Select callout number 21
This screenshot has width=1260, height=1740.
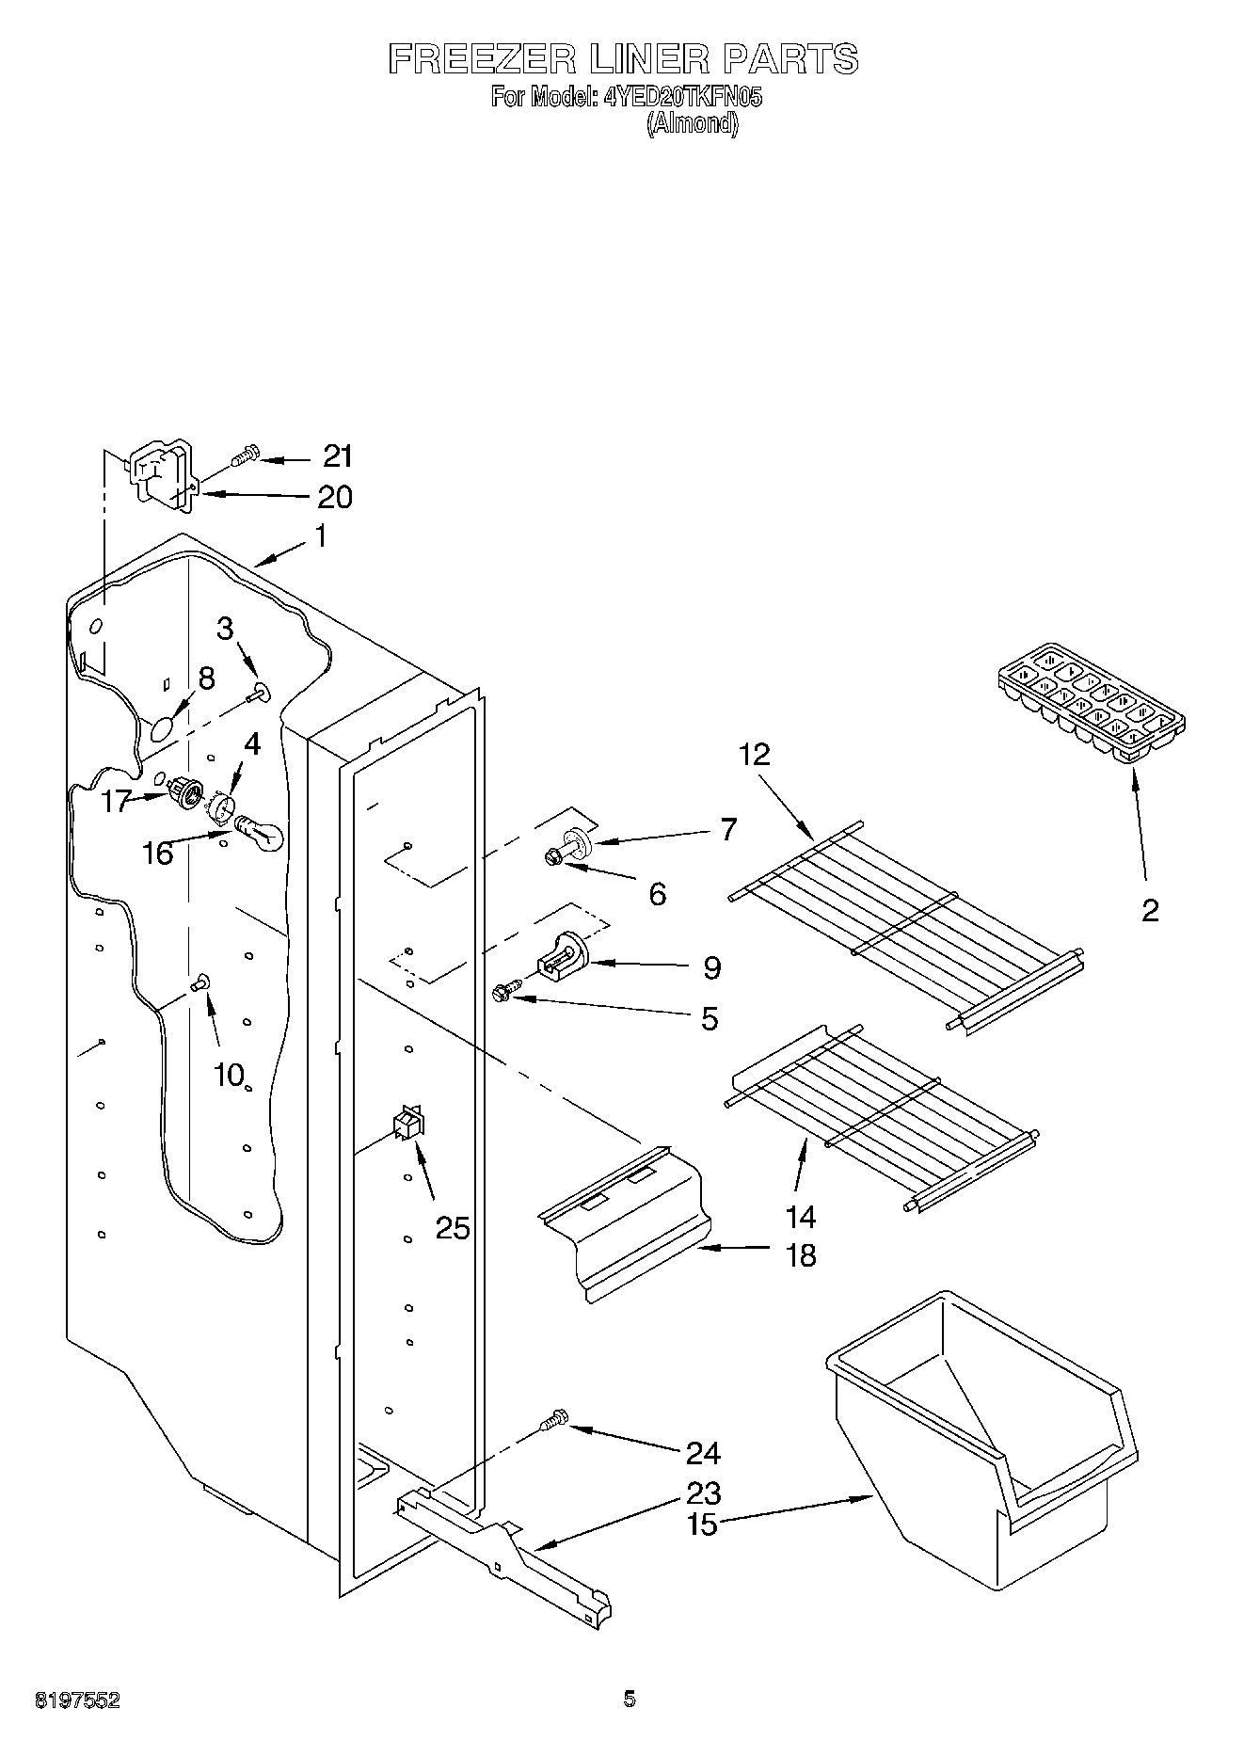pos(337,456)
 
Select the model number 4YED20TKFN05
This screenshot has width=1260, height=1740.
pos(683,97)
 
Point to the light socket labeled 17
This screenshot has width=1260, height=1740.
pos(185,793)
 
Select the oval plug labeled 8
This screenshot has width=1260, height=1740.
pos(162,727)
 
